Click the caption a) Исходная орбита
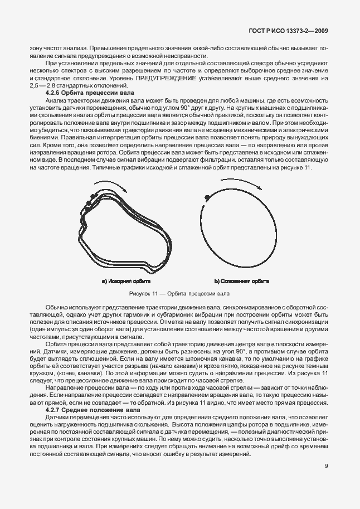(127, 281)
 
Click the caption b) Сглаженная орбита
(242, 281)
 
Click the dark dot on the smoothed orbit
(207, 197)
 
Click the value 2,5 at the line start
(35, 86)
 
